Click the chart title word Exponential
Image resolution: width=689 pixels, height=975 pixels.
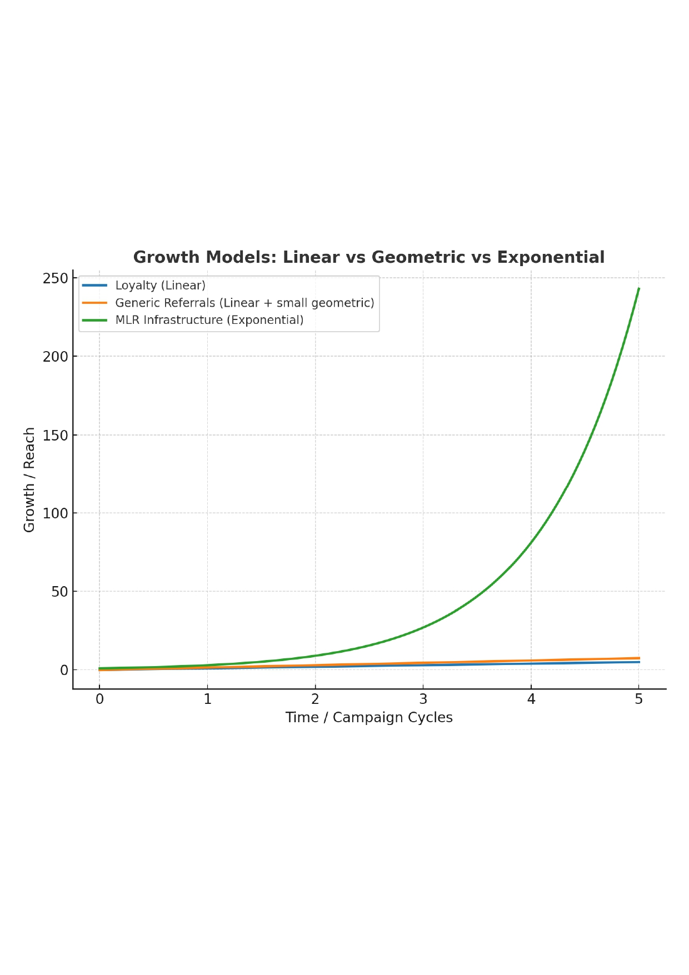pyautogui.click(x=550, y=257)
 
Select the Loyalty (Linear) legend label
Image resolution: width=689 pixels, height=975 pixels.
pyautogui.click(x=160, y=286)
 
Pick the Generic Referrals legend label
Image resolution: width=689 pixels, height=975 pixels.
pyautogui.click(x=244, y=303)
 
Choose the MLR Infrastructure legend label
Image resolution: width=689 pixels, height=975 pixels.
pyautogui.click(x=209, y=320)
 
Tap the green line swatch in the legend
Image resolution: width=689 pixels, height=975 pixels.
pyautogui.click(x=94, y=320)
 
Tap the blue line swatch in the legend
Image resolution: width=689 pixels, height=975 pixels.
pyautogui.click(x=94, y=286)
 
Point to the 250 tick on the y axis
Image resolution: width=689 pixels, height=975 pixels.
pyautogui.click(x=55, y=278)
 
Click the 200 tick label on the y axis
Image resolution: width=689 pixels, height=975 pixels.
pyautogui.click(x=55, y=357)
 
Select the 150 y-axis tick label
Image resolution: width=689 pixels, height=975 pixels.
pyautogui.click(x=55, y=436)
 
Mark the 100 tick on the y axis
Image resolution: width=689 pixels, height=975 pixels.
pyautogui.click(x=55, y=514)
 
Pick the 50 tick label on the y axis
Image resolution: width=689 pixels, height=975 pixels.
pyautogui.click(x=59, y=592)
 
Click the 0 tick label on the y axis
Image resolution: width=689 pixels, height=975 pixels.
pyautogui.click(x=64, y=671)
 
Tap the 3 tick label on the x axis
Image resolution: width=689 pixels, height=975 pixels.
pyautogui.click(x=423, y=699)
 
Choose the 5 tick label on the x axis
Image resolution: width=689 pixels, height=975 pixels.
pyautogui.click(x=638, y=699)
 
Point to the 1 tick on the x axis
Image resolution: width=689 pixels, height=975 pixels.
pyautogui.click(x=208, y=699)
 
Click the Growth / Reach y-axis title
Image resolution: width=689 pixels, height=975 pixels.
pyautogui.click(x=29, y=479)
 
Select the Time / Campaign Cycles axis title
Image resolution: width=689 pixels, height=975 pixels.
pyautogui.click(x=369, y=718)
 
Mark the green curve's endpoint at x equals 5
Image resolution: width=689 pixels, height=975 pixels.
pyautogui.click(x=638, y=289)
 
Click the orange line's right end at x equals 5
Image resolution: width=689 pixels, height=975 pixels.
pyautogui.click(x=638, y=658)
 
